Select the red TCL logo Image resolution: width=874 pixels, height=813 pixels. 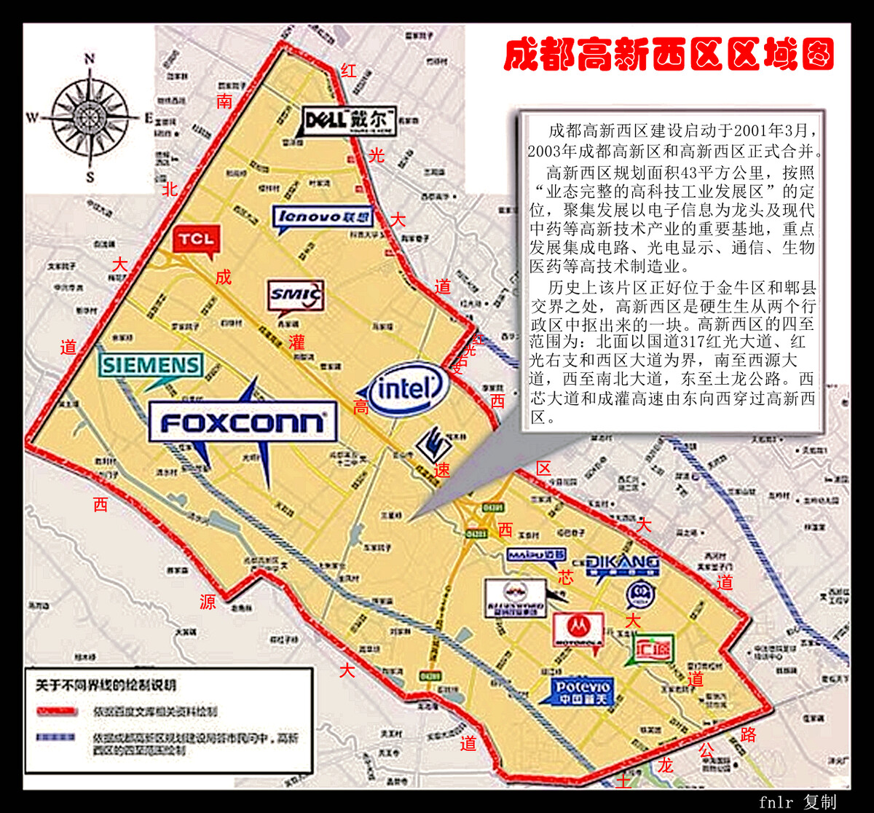197,239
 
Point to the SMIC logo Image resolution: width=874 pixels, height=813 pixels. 295,294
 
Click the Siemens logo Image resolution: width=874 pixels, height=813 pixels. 151,365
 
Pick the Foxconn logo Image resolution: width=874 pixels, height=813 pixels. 243,423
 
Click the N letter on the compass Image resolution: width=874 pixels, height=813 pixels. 90,59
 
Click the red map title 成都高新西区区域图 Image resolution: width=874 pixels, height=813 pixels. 669,54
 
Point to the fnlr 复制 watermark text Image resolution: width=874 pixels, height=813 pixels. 797,802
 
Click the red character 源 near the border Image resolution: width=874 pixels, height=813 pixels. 208,602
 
